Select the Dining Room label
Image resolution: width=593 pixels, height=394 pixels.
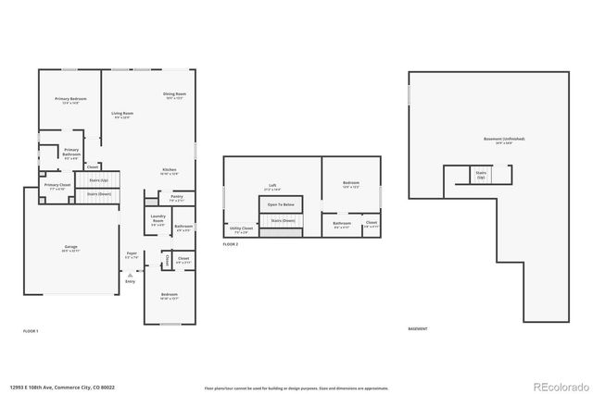point(175,95)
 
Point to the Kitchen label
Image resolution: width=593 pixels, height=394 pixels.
point(170,171)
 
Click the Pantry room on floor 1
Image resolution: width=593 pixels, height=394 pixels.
point(177,198)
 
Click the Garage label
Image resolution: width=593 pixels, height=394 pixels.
point(70,248)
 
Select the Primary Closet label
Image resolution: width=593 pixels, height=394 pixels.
point(57,187)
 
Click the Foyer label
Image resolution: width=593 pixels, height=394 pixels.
point(132,255)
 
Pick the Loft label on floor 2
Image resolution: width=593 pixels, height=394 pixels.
point(272,187)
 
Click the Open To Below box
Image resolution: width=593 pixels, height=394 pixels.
point(281,204)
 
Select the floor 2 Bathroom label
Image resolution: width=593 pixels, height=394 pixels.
point(342,224)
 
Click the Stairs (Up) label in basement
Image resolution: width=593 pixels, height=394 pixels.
point(481,174)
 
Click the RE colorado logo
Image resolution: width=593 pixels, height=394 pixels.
point(555,386)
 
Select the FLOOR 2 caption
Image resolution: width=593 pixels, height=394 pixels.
point(231,244)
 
